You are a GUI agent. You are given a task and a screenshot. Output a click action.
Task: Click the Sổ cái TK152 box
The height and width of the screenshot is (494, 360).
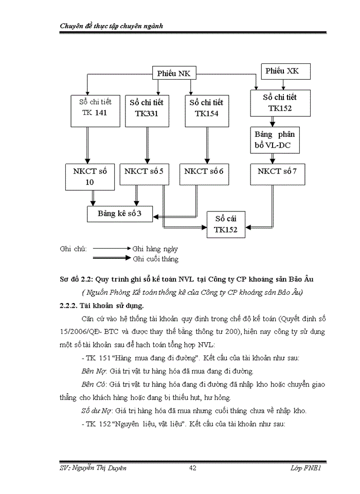coord(226,224)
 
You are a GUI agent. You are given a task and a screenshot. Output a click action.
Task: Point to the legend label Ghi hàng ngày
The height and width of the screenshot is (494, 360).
coord(155,249)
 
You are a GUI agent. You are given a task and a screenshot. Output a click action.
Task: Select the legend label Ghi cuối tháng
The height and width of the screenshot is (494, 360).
coord(155,259)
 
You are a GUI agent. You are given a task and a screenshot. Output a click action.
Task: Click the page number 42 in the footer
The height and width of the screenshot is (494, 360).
coord(193,468)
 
